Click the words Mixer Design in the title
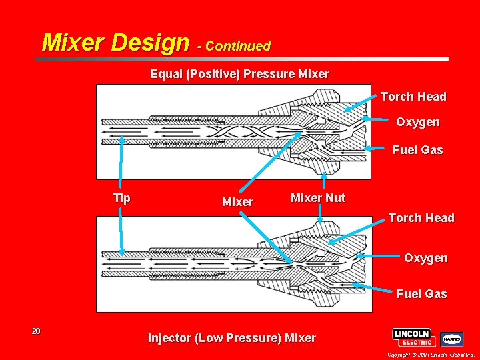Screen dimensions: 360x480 point(115,43)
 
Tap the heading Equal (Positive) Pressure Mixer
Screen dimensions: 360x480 point(239,73)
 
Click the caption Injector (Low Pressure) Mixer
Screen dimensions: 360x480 point(231,338)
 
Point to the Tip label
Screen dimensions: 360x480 point(122,198)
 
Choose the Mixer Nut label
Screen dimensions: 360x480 point(318,198)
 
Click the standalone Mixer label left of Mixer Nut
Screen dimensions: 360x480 point(237,202)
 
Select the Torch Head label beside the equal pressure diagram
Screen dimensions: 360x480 point(413,97)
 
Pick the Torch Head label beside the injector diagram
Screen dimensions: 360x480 point(421,218)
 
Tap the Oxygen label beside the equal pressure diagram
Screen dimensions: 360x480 point(418,122)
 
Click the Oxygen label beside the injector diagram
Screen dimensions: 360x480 point(425,258)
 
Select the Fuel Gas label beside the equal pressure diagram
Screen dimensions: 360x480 point(417,150)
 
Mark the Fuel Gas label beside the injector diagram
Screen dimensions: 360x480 point(421,293)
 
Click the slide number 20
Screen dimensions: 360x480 point(36,331)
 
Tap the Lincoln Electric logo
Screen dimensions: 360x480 point(414,337)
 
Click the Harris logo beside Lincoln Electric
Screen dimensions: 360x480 point(451,339)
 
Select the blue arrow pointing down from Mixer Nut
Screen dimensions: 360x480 point(321,213)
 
